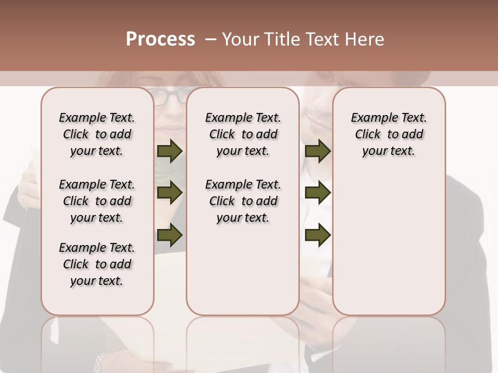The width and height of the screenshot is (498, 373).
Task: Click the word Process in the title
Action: point(160,39)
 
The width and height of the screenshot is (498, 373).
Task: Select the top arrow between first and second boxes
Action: point(170,151)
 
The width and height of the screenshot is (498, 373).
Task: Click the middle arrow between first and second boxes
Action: point(170,193)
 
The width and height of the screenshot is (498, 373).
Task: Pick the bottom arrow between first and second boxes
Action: point(170,235)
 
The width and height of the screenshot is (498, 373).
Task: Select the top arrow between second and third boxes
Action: point(317,151)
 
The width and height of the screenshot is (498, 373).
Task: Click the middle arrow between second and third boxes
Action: point(317,193)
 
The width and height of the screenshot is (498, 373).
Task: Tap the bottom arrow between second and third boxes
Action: point(317,235)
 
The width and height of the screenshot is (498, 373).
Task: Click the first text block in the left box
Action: point(97,134)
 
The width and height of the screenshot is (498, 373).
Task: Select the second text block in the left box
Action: point(97,201)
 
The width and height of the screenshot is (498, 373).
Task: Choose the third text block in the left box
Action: point(97,264)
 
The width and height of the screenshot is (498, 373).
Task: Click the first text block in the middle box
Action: point(243,134)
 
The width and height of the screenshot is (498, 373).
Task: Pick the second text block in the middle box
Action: point(243,201)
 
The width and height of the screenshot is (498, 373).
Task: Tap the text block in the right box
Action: point(389,134)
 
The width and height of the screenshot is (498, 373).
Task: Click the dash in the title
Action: point(210,39)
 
